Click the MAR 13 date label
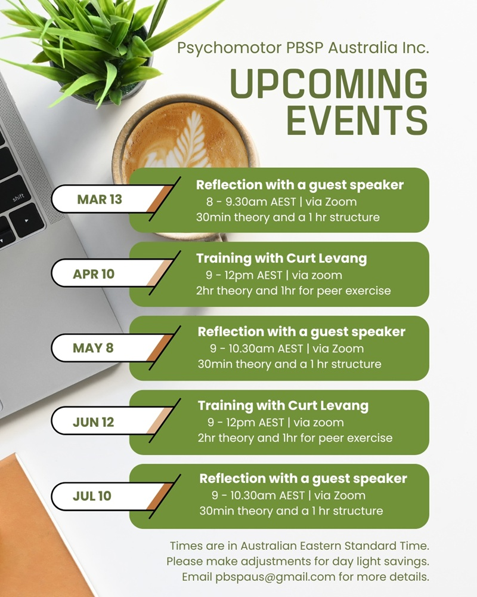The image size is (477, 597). (x=100, y=199)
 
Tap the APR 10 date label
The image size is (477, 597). (x=94, y=274)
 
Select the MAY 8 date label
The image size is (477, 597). (x=93, y=347)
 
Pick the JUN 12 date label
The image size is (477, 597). (x=93, y=422)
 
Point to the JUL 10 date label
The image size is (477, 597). (x=92, y=496)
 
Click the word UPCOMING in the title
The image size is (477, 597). (x=329, y=84)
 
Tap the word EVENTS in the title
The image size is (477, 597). (x=357, y=120)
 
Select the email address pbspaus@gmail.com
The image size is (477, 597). (x=275, y=577)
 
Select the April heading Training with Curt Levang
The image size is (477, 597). (x=281, y=259)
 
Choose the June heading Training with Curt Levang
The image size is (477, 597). (x=283, y=406)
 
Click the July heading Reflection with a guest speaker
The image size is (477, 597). (x=303, y=479)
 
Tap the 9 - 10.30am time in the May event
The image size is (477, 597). (x=243, y=349)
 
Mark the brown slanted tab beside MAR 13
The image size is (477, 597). (x=160, y=199)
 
